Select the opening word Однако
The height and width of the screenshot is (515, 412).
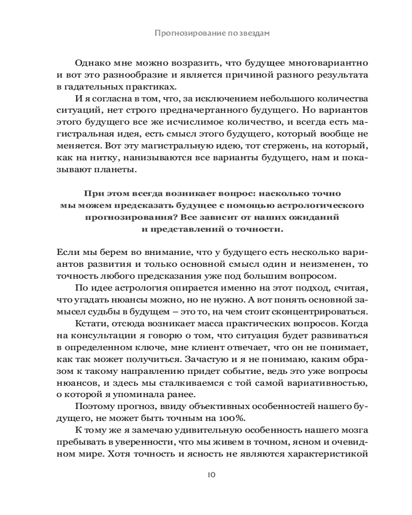pyautogui.click(x=92, y=63)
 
